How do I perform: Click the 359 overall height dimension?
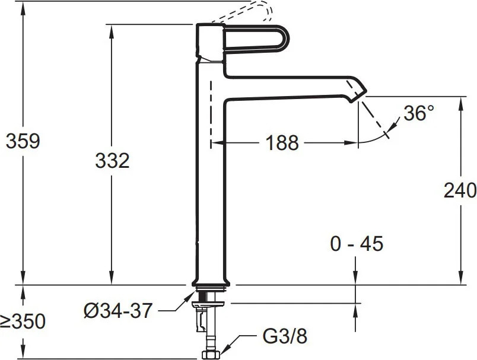(23, 141)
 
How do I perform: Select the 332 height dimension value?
(112, 161)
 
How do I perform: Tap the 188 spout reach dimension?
(282, 142)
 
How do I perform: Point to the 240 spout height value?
(460, 190)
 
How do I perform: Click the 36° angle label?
(419, 113)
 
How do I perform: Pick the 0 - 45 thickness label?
(357, 244)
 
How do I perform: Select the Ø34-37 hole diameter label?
(117, 311)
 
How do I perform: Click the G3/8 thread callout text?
(285, 336)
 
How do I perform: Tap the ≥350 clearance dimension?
(23, 321)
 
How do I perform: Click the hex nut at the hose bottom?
(211, 355)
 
